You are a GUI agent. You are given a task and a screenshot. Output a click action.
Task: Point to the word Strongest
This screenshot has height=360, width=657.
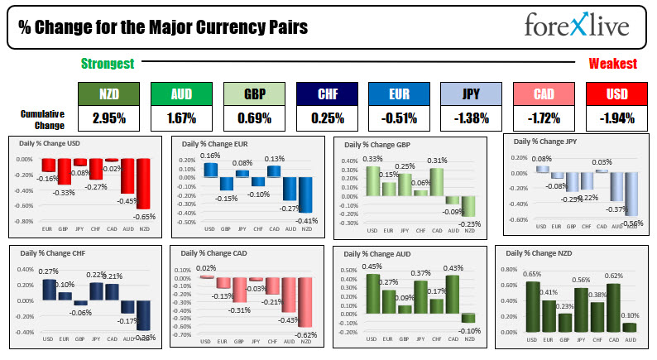108,64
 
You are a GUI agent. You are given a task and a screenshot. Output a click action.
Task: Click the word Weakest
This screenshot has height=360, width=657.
612,64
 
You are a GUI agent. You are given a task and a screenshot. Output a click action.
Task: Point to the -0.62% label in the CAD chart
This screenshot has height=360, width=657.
305,333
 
